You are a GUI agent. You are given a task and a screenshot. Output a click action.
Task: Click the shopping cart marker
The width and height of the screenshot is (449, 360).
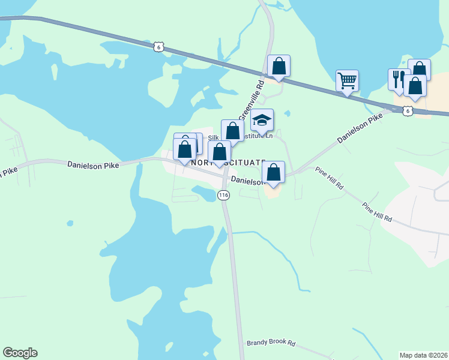click(x=347, y=80)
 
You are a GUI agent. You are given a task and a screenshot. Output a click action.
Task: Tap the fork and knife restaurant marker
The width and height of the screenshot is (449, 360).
click(x=398, y=79)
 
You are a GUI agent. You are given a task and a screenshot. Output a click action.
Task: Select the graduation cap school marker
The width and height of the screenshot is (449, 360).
click(x=262, y=120)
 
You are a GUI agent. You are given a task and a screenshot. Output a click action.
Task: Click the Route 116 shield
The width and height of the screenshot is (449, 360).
click(x=223, y=195)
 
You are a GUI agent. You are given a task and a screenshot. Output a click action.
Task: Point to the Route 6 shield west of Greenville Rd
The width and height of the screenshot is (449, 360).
click(x=158, y=47)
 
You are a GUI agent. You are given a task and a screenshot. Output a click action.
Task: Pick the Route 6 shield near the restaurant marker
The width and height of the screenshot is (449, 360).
click(x=408, y=110)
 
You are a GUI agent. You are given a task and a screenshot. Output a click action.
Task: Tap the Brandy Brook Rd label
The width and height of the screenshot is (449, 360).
click(x=271, y=344)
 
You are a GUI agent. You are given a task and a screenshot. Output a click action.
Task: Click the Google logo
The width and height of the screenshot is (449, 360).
click(x=20, y=353)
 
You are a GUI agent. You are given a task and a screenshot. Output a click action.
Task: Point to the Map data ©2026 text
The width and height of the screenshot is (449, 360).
click(x=423, y=355)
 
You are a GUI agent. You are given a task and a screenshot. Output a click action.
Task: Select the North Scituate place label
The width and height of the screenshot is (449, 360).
click(x=228, y=163)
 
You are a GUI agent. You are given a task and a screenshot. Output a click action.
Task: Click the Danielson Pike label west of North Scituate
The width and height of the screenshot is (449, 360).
click(x=94, y=164)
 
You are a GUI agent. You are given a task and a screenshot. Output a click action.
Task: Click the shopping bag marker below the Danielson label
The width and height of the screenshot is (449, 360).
click(x=274, y=172)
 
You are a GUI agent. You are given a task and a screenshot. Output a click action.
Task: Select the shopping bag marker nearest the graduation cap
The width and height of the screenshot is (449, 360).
click(x=232, y=130)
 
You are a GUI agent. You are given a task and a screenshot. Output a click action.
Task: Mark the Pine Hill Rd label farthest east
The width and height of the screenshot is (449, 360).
click(x=377, y=212)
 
